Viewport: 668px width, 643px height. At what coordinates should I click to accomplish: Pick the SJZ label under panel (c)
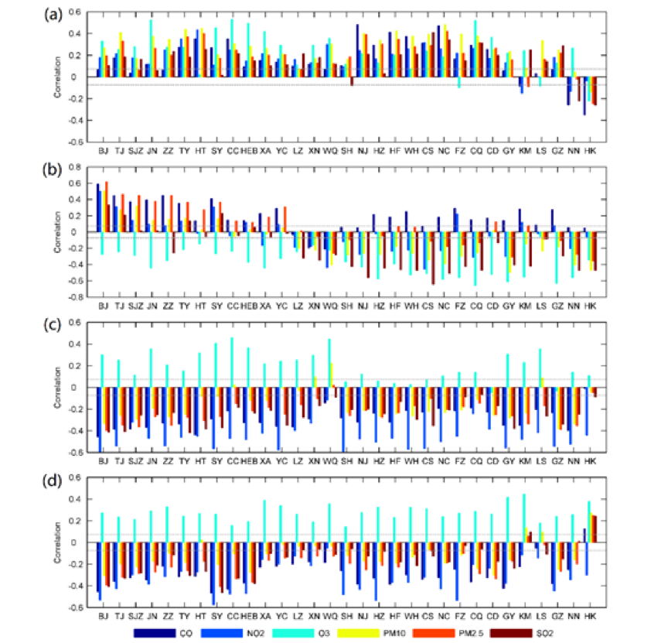tap(135, 462)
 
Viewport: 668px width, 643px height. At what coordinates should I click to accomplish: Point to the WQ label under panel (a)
tap(330, 152)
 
